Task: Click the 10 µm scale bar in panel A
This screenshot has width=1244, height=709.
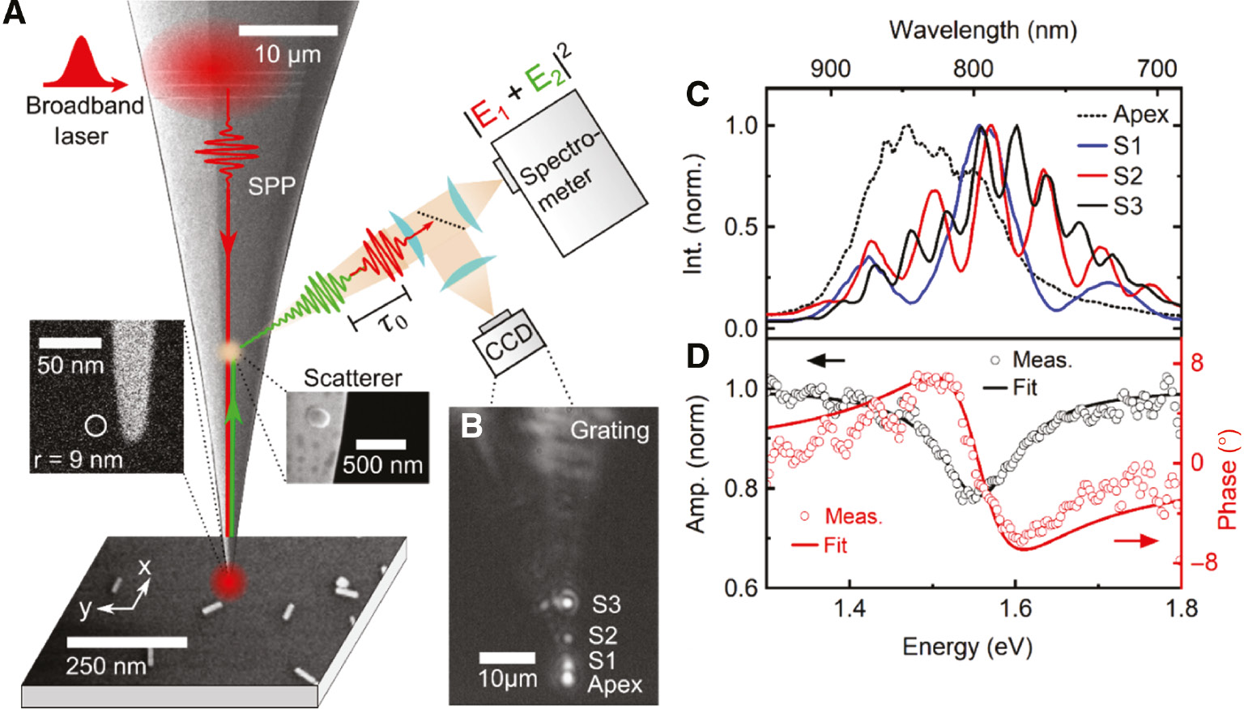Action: tap(288, 31)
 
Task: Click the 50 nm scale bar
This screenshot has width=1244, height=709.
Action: tap(70, 344)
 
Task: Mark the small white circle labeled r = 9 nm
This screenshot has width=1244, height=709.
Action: tap(96, 425)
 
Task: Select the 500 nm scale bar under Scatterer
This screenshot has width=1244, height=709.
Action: tap(381, 444)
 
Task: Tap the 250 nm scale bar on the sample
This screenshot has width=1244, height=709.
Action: tap(126, 642)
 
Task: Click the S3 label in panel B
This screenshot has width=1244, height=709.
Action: tap(606, 604)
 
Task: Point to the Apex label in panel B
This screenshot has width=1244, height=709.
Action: tap(615, 685)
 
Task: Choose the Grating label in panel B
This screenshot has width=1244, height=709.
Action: tap(610, 430)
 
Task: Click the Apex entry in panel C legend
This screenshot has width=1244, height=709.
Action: tap(1140, 114)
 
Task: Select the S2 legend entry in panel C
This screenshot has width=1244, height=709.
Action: tap(1127, 176)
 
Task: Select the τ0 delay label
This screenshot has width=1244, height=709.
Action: tap(393, 322)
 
